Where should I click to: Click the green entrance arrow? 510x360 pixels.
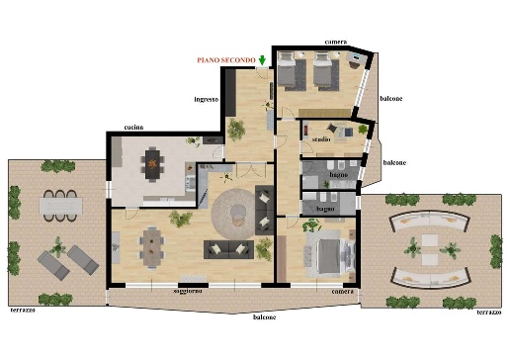pos(262,60)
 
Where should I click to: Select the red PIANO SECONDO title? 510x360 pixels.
pos(226,60)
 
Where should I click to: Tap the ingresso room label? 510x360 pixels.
pos(207,99)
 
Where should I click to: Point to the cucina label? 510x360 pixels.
pos(133,128)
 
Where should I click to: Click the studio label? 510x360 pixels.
pos(321,139)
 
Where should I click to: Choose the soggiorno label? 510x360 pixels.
pos(188,291)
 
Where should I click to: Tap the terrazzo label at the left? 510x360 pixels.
pos(23,311)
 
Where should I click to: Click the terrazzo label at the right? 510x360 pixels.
pos(489,313)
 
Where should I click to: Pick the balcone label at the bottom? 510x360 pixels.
pos(264,317)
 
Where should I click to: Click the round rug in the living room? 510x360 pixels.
pos(233,214)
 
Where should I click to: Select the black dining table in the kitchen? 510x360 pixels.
pos(152,164)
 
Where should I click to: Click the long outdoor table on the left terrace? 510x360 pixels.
pos(61,206)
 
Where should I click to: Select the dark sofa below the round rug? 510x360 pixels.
pos(228,249)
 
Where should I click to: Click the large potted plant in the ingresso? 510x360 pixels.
pos(236,130)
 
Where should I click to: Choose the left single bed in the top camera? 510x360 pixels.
pos(287,69)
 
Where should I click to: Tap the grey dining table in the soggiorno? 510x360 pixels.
pos(152,247)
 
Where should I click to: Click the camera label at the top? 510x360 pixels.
pos(336,42)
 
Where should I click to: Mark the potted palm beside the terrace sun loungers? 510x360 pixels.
pos(58,247)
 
